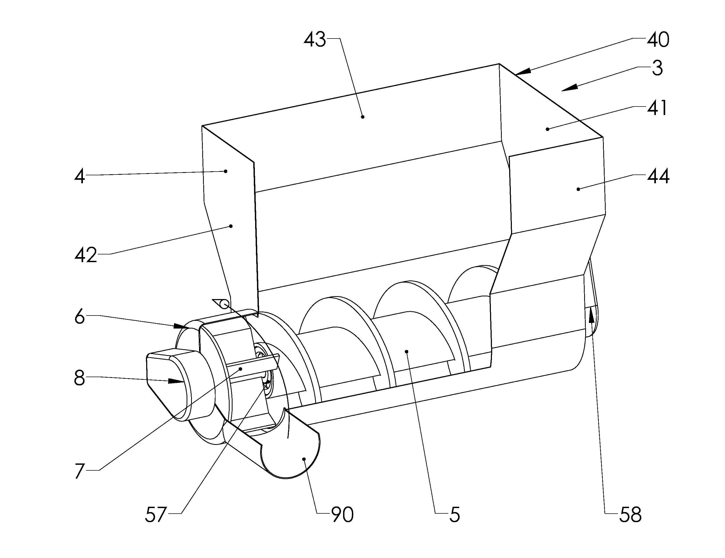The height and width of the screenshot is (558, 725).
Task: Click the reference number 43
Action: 315,40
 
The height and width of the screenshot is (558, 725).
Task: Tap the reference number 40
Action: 658,40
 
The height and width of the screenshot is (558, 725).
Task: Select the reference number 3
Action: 657,68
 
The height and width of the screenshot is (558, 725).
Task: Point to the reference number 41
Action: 657,108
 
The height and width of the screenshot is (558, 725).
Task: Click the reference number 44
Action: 658,176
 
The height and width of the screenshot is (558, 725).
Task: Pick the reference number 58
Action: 630,515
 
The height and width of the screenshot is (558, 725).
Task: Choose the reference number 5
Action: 455,515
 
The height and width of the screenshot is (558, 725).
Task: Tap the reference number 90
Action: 342,515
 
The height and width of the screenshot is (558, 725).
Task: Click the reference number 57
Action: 155,515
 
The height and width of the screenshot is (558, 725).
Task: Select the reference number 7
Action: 79,471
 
